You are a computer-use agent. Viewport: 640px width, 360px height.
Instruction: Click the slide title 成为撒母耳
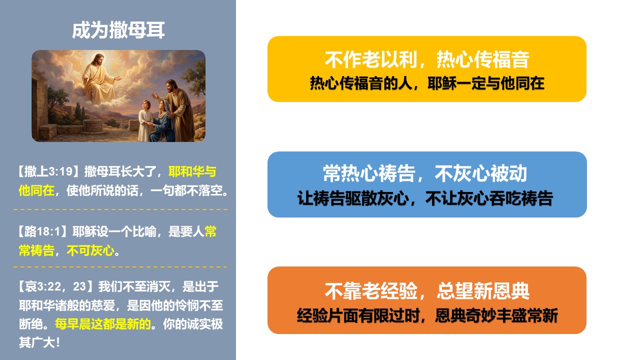(118, 30)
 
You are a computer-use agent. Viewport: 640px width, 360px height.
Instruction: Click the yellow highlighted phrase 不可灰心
(90, 250)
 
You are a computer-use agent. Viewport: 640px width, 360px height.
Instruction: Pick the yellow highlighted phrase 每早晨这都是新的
(103, 324)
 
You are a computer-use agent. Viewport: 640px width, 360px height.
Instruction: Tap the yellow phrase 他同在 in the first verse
(36, 190)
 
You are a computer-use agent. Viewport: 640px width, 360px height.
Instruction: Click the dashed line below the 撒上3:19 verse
(120, 209)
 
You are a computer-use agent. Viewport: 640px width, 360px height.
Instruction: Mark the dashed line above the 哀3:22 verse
(120, 267)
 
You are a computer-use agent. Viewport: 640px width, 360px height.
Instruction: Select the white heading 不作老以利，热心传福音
(427, 59)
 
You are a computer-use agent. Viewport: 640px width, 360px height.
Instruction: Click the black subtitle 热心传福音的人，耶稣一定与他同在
(427, 83)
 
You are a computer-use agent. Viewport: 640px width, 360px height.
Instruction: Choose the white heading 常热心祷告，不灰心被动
(425, 173)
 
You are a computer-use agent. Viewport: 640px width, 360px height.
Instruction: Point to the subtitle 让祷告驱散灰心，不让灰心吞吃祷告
(425, 198)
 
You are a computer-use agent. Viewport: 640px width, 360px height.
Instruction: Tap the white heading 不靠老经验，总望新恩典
(427, 291)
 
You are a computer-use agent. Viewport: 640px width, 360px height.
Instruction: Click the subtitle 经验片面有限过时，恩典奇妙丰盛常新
(427, 315)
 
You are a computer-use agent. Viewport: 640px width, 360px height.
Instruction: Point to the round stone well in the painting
(92, 125)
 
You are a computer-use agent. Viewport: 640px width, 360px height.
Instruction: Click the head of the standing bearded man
(171, 85)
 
